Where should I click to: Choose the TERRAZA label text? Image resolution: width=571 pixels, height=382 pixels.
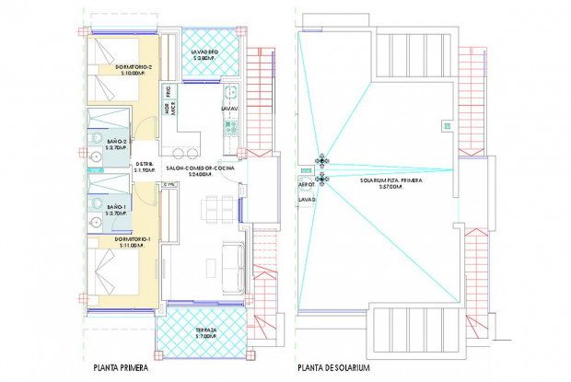pos(204,330)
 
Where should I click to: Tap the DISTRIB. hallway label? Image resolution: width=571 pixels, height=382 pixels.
pos(144,166)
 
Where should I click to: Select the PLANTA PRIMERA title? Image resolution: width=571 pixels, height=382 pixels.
pos(123,367)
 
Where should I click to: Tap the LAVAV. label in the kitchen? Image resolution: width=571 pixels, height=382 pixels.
pos(229,108)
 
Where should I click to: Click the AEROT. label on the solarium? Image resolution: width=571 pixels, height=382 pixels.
pos(307,183)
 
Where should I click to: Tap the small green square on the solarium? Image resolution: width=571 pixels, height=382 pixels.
pos(448,125)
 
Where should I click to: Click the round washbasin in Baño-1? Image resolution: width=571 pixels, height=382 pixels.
pos(94,222)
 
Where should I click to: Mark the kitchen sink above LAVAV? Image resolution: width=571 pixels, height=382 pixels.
pos(232,91)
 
